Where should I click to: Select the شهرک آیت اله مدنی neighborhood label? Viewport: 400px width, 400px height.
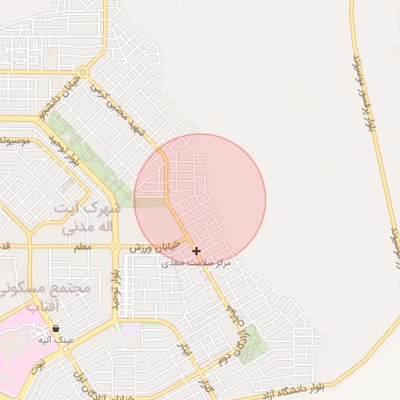coord(86,218)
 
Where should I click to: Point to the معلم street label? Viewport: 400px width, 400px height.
coord(82,247)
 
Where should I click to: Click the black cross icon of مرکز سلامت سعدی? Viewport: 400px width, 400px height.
coord(196,252)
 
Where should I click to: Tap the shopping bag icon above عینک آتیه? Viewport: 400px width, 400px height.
coord(56,329)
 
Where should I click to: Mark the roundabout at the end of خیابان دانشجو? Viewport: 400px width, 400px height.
coord(83,73)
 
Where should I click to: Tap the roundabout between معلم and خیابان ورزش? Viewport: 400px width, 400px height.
coord(115,247)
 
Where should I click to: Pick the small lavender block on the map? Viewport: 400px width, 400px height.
coord(133,330)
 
